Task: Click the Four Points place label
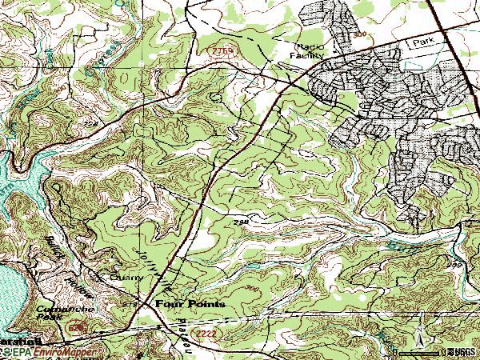[x=190, y=304]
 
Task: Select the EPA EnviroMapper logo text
[x=53, y=351]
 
